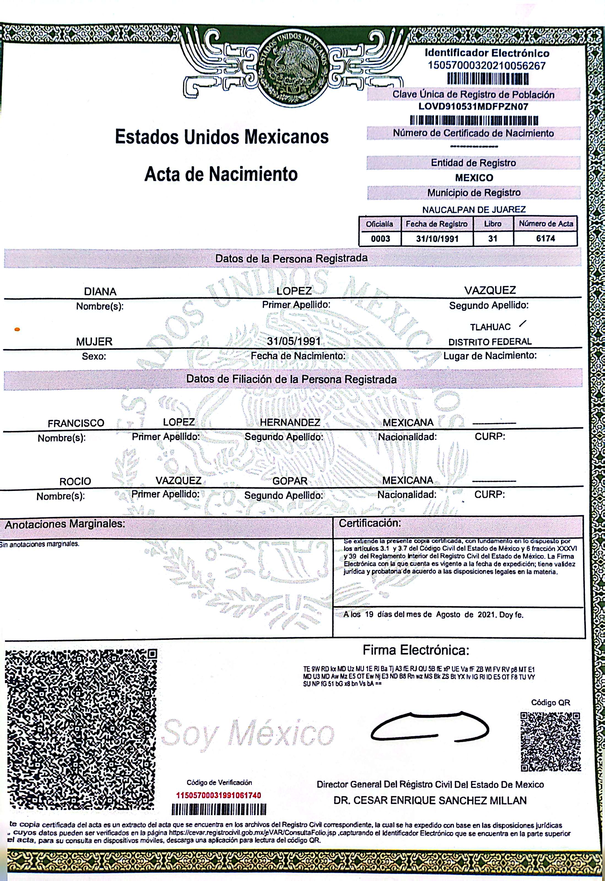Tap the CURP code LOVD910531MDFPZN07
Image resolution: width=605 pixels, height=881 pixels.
click(473, 107)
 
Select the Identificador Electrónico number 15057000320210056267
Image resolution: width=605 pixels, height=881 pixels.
click(487, 66)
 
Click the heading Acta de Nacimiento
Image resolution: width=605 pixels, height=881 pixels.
click(221, 174)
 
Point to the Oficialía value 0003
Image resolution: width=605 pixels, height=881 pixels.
click(380, 238)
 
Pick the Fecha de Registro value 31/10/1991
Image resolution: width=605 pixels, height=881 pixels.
click(437, 239)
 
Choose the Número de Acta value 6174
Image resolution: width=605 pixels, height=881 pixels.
click(545, 238)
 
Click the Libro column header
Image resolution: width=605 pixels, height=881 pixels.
click(493, 224)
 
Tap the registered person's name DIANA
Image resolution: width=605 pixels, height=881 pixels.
click(100, 292)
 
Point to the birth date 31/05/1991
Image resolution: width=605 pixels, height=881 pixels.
click(294, 341)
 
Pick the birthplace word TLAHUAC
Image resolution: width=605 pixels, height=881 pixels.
click(490, 327)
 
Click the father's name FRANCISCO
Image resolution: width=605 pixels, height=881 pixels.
click(76, 423)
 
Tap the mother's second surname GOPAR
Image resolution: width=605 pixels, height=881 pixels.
click(290, 481)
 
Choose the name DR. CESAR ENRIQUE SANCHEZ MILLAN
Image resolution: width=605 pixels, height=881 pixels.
click(430, 800)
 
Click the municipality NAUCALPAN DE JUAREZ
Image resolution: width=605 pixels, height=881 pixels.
click(474, 210)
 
